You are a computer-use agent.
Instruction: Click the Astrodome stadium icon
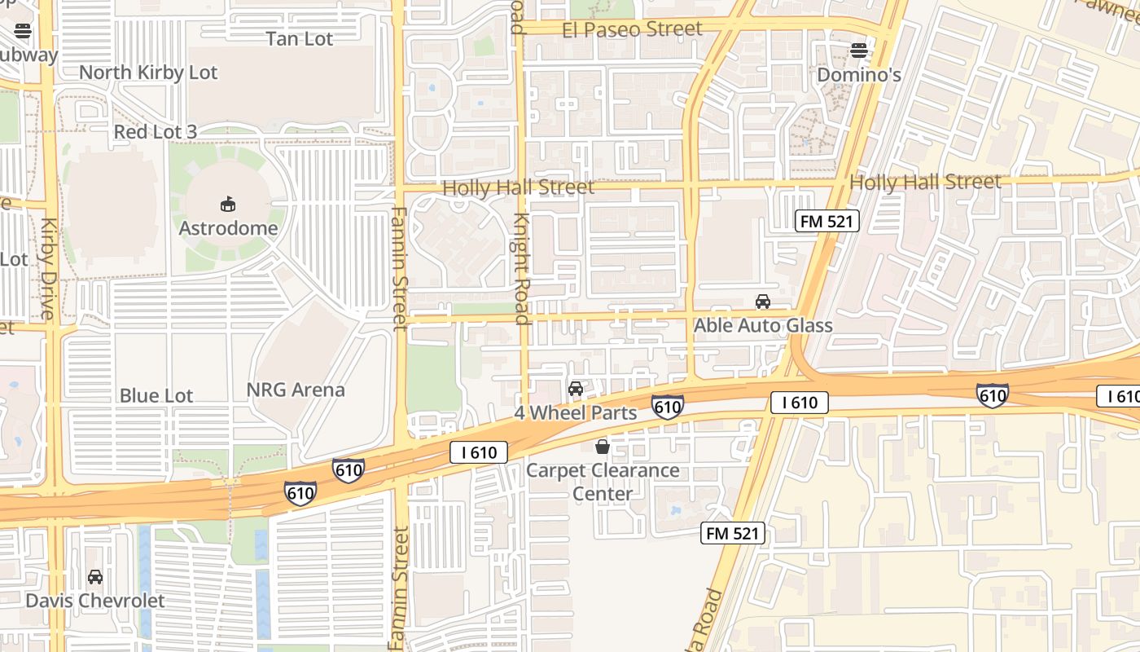228,204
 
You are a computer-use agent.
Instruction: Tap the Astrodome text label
228,228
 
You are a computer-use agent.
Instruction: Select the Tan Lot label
300,38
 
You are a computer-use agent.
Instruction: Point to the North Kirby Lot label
148,73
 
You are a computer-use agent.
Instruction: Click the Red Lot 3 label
155,132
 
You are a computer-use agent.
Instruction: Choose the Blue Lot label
156,396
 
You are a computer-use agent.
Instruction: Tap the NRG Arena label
296,390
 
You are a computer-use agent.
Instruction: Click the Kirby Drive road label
47,269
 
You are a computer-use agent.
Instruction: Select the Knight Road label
522,269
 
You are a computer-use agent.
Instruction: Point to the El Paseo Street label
632,29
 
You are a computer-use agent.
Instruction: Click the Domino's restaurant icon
859,51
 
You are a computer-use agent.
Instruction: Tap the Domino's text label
859,75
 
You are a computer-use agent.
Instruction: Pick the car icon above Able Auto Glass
763,302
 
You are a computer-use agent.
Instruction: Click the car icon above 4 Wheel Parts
576,389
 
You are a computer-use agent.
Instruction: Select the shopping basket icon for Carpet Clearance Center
603,447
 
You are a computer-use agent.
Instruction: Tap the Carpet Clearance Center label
603,482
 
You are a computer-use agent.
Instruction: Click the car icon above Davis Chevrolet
95,577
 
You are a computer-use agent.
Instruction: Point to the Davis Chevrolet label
95,601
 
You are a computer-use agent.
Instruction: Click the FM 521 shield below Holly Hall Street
827,220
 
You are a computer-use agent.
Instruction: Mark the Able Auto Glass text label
763,326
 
